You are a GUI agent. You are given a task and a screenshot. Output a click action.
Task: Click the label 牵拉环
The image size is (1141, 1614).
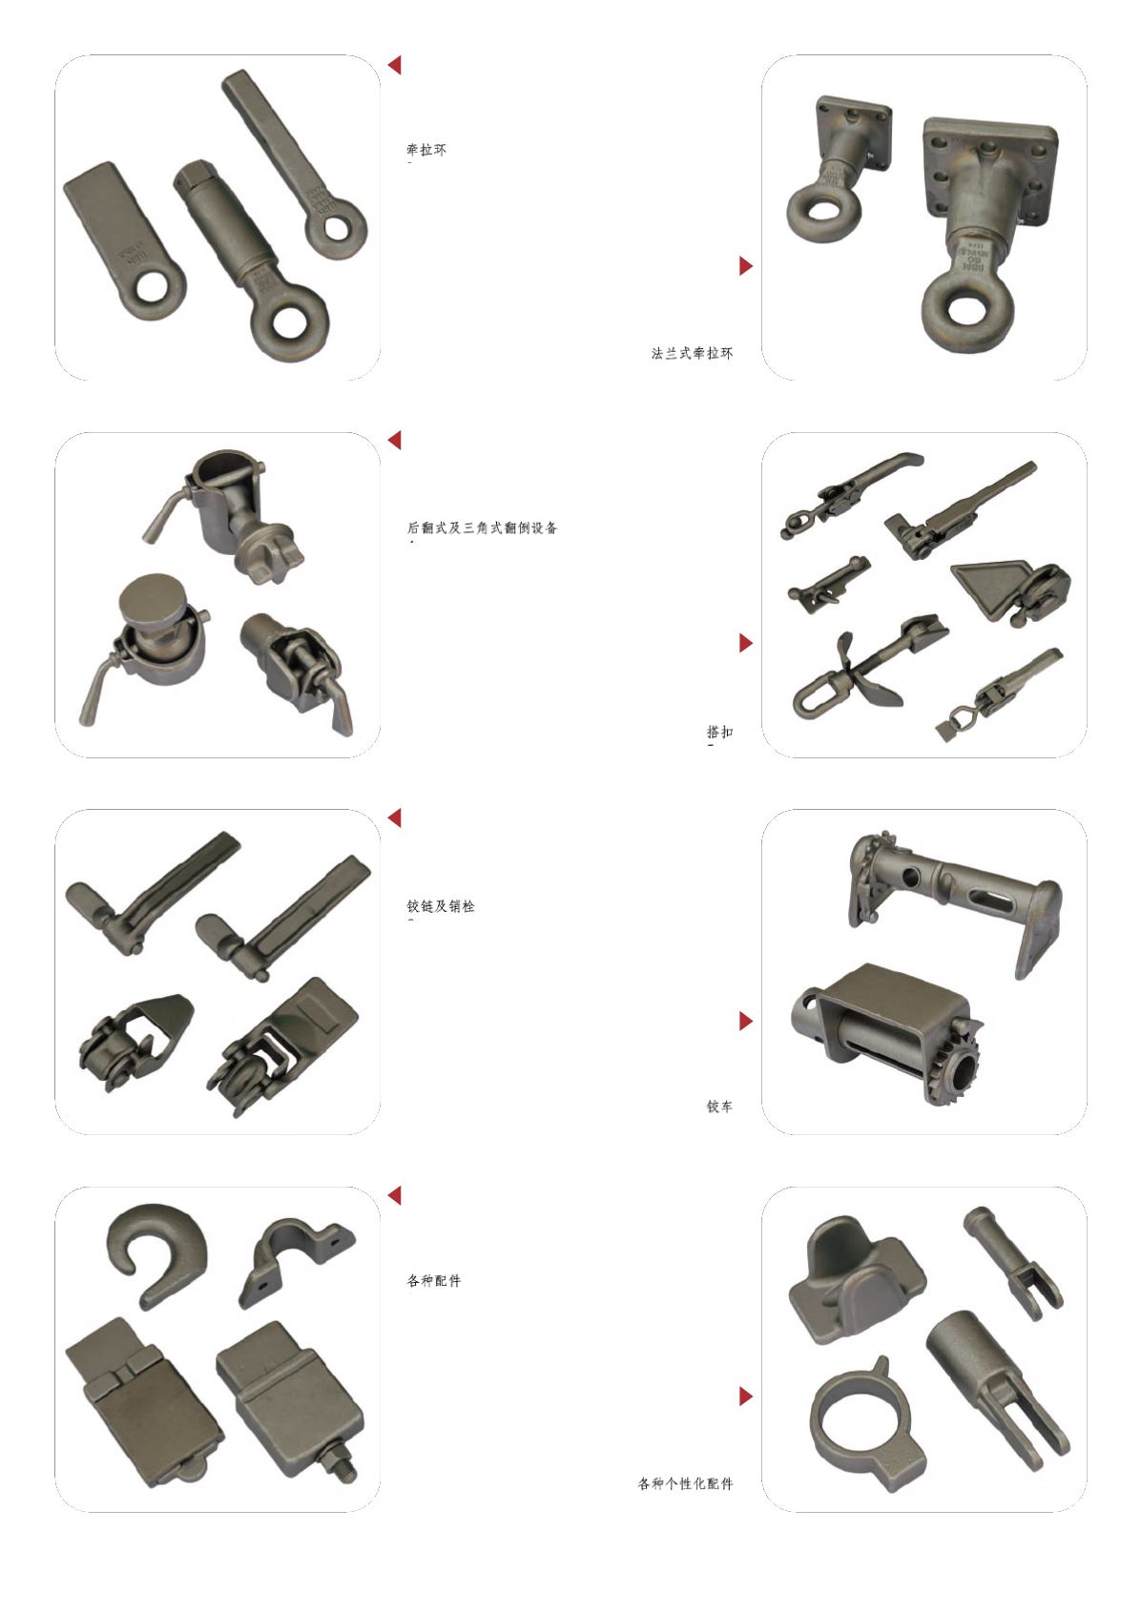coord(426,150)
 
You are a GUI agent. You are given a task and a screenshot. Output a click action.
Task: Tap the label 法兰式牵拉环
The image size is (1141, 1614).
coord(692,353)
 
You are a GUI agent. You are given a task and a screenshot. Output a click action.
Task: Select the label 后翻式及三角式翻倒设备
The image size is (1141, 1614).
coord(482,528)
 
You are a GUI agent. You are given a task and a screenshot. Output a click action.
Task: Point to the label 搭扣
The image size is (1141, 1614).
coord(719,732)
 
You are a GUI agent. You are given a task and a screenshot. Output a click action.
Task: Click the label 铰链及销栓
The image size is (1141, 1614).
coord(441,905)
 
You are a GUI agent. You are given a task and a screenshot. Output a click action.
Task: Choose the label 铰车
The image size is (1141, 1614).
coord(719,1106)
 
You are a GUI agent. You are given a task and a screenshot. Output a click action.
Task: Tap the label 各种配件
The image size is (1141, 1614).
coord(433,1280)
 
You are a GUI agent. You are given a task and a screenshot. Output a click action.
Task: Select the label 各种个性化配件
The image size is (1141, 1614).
coord(685,1483)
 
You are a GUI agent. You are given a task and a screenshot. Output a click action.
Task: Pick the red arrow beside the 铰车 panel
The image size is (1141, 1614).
coord(746,1021)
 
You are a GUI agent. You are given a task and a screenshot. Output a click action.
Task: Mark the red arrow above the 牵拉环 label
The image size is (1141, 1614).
coord(394,65)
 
